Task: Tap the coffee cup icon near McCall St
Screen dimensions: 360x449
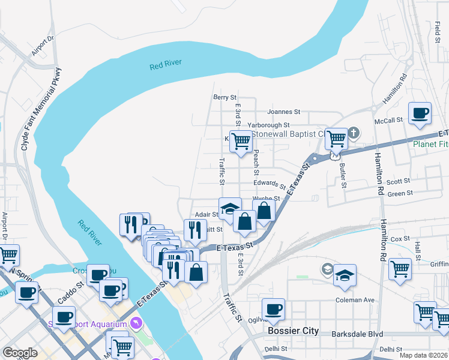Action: [420, 113]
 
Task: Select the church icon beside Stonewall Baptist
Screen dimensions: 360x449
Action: [354, 132]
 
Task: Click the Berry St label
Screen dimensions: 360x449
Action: [225, 97]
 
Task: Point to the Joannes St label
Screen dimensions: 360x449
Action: [283, 112]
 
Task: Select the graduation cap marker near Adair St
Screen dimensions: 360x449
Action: [230, 208]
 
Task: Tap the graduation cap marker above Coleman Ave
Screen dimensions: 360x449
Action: [345, 275]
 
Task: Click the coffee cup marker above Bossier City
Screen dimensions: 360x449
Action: [274, 309]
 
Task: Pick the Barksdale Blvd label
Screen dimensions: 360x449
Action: [358, 332]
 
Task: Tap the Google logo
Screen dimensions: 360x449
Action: [20, 353]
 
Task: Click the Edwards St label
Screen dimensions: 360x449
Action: [270, 184]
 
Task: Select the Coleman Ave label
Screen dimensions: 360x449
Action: [355, 300]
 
